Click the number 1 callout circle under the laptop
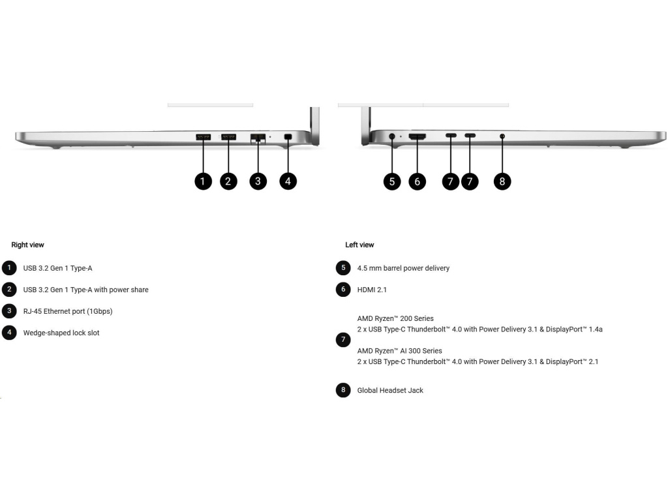(x=203, y=181)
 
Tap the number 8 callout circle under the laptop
(x=502, y=181)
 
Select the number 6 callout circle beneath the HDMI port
(x=417, y=181)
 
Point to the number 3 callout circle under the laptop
(x=258, y=181)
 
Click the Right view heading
(x=27, y=245)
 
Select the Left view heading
(x=359, y=245)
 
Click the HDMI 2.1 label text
(x=372, y=289)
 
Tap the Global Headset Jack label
(x=390, y=390)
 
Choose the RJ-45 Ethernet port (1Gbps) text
(x=68, y=311)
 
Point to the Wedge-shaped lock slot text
(x=61, y=333)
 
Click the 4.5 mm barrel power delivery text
(x=403, y=268)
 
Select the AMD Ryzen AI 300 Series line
(x=399, y=351)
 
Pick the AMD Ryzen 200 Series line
(x=395, y=318)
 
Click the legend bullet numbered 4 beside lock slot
(x=10, y=332)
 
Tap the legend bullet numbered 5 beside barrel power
(x=343, y=267)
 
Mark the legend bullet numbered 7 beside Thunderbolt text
(x=343, y=339)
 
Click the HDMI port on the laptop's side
(x=417, y=137)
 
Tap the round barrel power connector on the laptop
(x=392, y=137)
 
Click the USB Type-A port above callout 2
(x=228, y=137)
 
